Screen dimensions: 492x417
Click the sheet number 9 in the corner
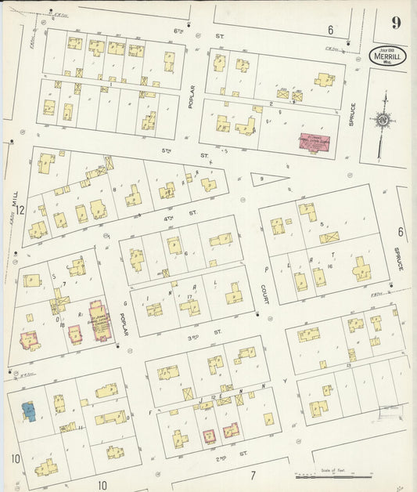(397, 23)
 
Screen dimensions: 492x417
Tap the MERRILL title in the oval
(387, 57)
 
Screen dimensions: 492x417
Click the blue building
(27, 411)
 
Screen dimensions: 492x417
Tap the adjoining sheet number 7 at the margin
(253, 475)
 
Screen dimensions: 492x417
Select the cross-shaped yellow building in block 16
(361, 270)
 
